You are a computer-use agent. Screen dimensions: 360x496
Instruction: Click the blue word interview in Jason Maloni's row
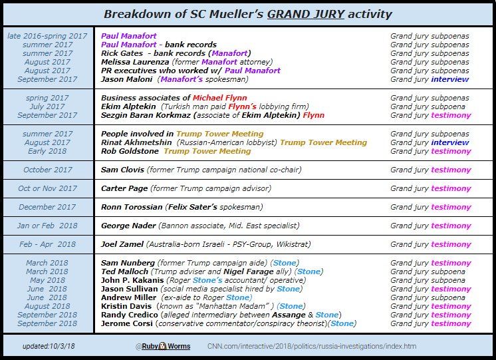[449, 79]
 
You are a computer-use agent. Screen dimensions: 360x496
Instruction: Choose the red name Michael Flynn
[211, 98]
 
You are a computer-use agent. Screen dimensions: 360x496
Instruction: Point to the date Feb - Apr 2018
[47, 244]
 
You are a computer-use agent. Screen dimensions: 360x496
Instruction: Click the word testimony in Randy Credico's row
[451, 315]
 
